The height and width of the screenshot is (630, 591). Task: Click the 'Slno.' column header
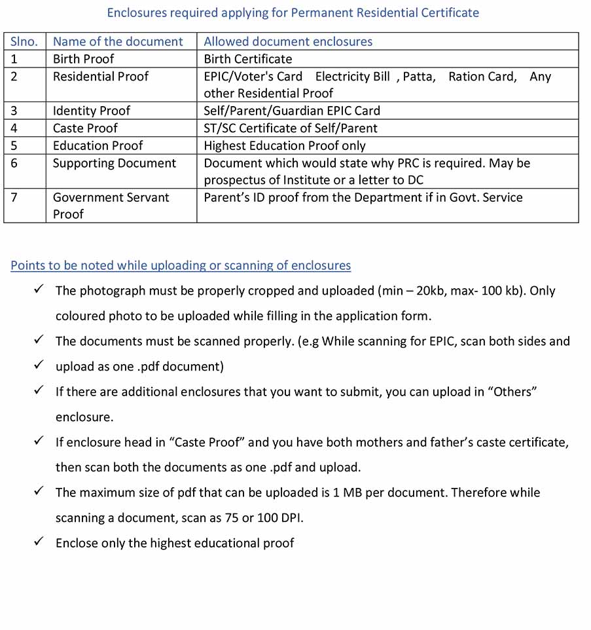tap(24, 41)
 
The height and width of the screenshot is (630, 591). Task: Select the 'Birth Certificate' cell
tap(248, 59)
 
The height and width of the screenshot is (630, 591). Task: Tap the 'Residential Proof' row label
tap(101, 77)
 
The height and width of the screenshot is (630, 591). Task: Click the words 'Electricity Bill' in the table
tap(353, 77)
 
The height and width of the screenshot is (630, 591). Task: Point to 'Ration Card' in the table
tap(481, 77)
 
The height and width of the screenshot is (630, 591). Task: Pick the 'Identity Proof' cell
tap(92, 111)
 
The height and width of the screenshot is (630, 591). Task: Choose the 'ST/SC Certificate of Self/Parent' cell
tap(291, 128)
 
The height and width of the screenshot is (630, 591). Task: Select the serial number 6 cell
tap(14, 163)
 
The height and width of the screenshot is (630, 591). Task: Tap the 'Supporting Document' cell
tap(115, 163)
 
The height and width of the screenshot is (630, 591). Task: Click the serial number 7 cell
tap(14, 197)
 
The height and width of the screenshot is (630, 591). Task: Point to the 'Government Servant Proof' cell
tap(111, 205)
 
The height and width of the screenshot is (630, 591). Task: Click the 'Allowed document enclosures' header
tap(288, 41)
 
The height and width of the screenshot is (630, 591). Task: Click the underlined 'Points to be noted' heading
tap(181, 265)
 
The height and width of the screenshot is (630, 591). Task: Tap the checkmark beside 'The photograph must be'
tap(39, 289)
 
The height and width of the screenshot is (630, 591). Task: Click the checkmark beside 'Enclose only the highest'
tap(39, 541)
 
